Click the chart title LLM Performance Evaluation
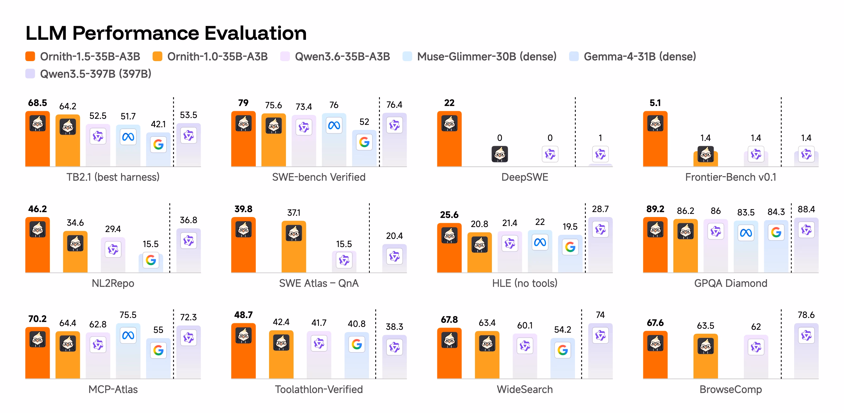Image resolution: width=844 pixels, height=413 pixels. coord(166,33)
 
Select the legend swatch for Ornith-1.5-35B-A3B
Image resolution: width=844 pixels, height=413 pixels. coord(30,56)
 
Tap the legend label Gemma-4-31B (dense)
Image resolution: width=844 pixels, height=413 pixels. coord(640,56)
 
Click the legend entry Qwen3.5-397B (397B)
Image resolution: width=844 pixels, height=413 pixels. coord(88,74)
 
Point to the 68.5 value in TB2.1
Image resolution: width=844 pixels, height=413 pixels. coord(38,103)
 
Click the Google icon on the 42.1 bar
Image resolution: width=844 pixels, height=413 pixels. coord(158,144)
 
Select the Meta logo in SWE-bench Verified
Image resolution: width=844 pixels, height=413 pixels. coord(334,125)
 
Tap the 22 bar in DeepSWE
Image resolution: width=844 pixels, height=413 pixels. coord(449,139)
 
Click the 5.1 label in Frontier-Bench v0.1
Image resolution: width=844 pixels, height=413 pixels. coord(655,103)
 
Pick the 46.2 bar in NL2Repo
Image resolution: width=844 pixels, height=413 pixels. coord(38,245)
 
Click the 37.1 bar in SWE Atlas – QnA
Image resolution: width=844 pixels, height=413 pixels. coord(294,247)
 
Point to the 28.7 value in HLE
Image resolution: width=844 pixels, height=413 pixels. coord(600,209)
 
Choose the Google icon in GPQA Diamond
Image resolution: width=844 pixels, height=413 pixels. coord(776,232)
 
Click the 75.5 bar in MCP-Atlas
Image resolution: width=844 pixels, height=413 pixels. coord(128,351)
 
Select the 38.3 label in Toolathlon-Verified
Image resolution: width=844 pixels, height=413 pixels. coord(395,327)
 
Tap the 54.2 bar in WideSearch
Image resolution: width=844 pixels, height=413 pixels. coord(563,358)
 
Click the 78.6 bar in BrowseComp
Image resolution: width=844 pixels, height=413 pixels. coord(806,351)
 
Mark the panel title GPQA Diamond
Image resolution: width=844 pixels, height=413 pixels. coord(731,283)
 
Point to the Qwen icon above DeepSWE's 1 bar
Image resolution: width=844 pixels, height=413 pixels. coord(600,154)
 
